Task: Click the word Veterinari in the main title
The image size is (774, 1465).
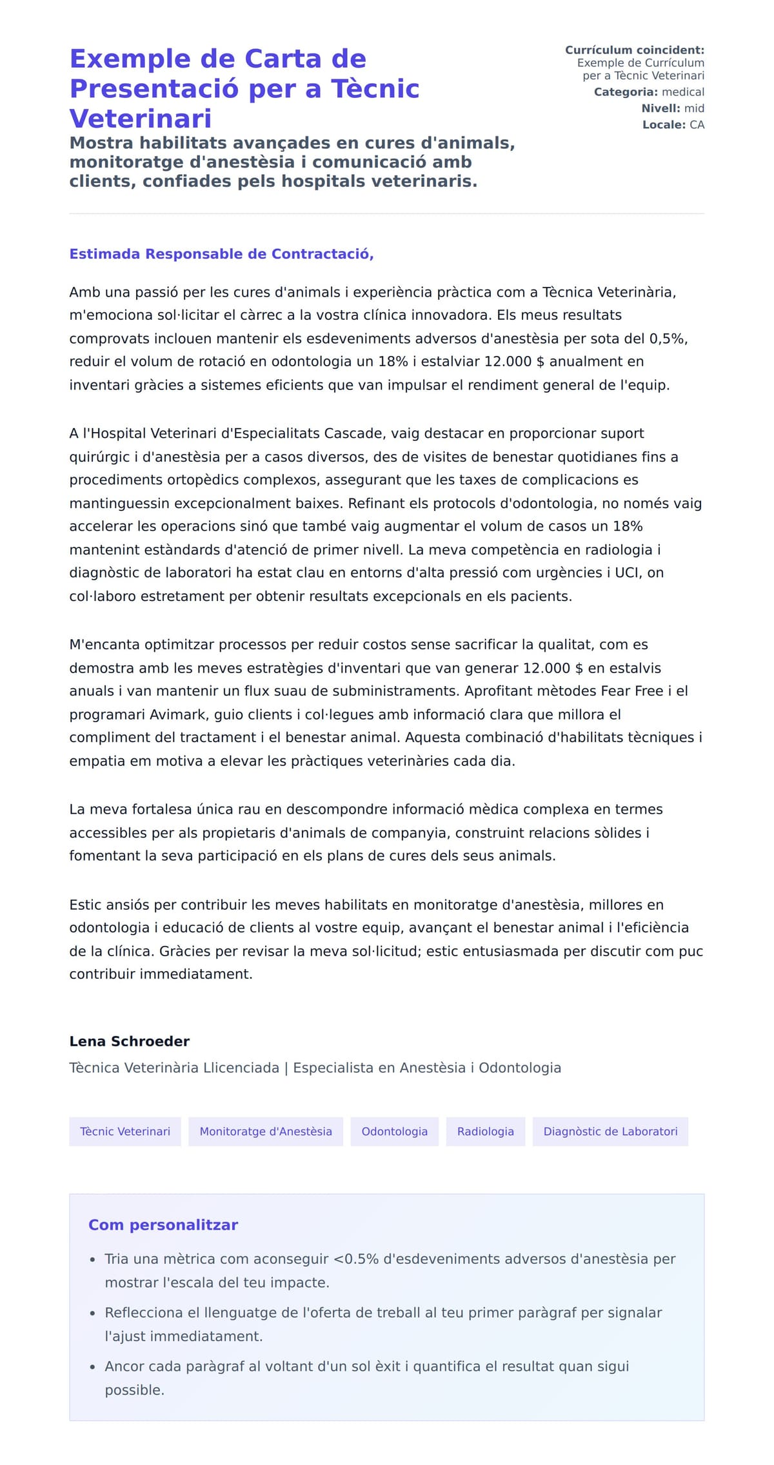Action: [141, 119]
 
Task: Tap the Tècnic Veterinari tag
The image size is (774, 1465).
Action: [125, 1131]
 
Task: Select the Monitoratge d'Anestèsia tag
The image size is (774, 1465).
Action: [266, 1131]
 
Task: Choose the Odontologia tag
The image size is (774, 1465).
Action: [394, 1131]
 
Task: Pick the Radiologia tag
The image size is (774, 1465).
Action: [485, 1131]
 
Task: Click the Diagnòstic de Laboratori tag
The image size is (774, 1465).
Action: [610, 1131]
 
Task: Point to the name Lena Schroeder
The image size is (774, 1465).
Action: [129, 1041]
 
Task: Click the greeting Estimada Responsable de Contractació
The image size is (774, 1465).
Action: [221, 254]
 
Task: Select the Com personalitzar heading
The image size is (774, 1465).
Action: [163, 1224]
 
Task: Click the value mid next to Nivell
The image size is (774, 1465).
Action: [694, 108]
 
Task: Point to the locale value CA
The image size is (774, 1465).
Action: [697, 124]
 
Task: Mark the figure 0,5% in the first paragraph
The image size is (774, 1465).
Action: [668, 339]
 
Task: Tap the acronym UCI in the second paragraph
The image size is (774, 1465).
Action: [626, 573]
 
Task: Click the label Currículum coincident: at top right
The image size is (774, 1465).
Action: [634, 50]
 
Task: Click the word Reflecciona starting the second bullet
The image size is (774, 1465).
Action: [144, 1312]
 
